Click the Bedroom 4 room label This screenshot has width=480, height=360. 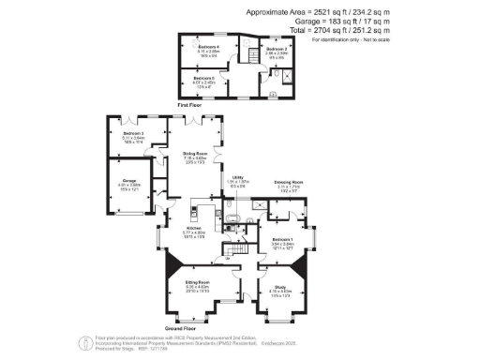pyautogui.click(x=208, y=47)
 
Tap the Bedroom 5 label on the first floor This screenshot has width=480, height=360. pyautogui.click(x=204, y=79)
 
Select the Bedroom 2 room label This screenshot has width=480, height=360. pyautogui.click(x=276, y=49)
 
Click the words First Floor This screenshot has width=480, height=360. pyautogui.click(x=190, y=106)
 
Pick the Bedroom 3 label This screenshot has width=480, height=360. pyautogui.click(x=131, y=134)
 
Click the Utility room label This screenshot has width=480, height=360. pyautogui.click(x=238, y=181)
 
